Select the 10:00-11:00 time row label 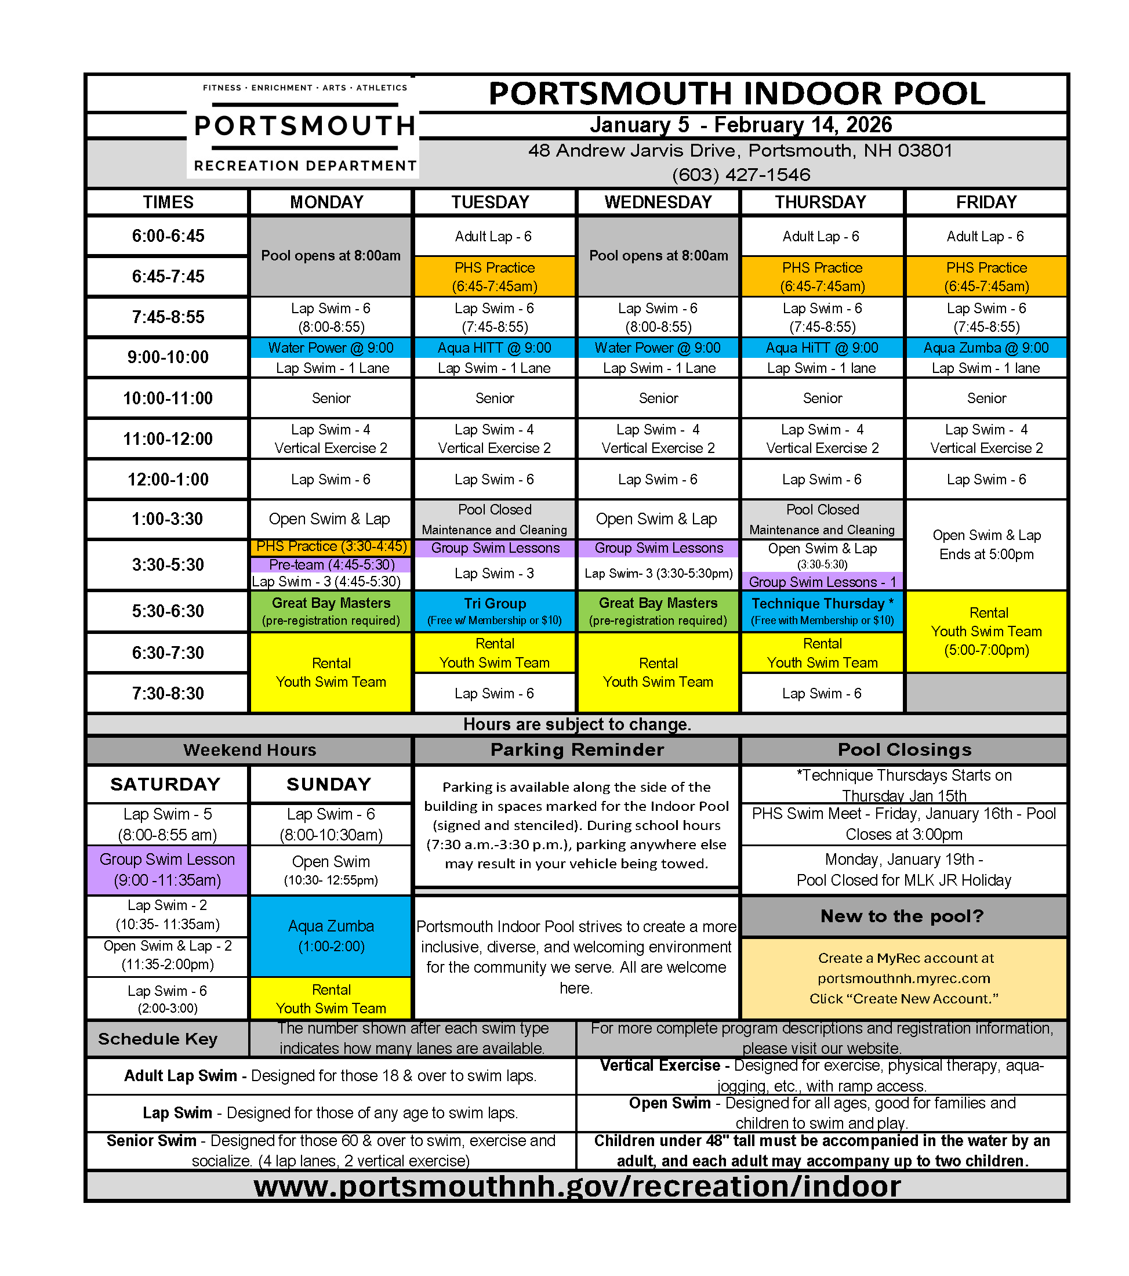click(x=168, y=398)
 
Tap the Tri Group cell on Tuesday click(x=494, y=611)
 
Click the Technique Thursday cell click(x=822, y=611)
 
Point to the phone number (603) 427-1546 click(x=741, y=175)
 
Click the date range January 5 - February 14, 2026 click(x=741, y=125)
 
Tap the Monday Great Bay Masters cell click(x=331, y=611)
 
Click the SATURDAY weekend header click(x=166, y=784)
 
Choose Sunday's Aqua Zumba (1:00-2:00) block click(x=331, y=936)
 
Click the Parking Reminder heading click(x=576, y=750)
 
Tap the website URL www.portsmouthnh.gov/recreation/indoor click(x=576, y=1186)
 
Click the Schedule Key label click(x=158, y=1039)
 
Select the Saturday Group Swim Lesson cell click(x=167, y=869)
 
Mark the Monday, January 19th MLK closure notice click(x=903, y=869)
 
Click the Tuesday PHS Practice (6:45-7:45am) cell click(x=494, y=277)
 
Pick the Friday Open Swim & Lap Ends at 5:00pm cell click(x=986, y=545)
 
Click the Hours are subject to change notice click(x=576, y=724)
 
